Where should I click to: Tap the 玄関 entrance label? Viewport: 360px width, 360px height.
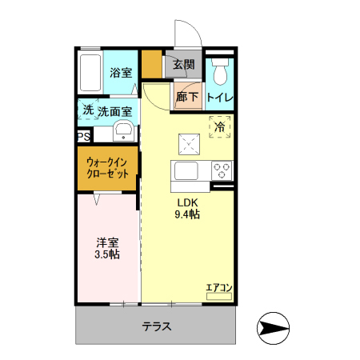(184, 64)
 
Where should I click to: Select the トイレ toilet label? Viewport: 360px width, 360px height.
(219, 98)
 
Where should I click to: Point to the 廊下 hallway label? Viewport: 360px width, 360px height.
(187, 97)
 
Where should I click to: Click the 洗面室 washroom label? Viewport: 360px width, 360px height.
(115, 111)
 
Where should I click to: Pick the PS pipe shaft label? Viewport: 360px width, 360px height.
(83, 137)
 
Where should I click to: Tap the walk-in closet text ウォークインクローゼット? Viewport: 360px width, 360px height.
(108, 169)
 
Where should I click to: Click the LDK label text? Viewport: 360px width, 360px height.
(187, 202)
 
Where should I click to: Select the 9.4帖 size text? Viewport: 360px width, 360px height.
(187, 214)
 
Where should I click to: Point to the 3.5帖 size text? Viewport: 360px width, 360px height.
(108, 254)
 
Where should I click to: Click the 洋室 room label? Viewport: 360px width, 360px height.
(108, 242)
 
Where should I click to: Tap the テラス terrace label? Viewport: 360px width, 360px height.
(157, 326)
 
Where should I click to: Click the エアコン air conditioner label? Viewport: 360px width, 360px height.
(218, 287)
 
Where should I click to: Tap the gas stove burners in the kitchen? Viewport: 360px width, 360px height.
(221, 170)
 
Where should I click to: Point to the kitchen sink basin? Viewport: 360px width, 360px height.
(186, 170)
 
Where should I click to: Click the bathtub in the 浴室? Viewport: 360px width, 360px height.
(91, 73)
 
